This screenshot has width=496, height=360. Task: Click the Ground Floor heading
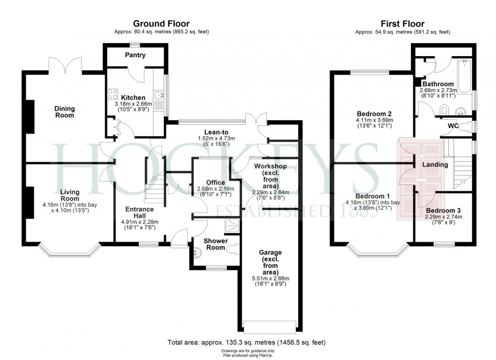tap(161, 24)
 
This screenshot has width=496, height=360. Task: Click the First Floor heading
tap(402, 24)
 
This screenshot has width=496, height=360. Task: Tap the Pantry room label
tap(135, 55)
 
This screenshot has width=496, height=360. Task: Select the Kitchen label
tap(134, 98)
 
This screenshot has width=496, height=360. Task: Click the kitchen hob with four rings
tap(112, 94)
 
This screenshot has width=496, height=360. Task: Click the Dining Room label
tap(65, 112)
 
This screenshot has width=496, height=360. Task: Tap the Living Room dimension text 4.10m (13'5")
tap(70, 210)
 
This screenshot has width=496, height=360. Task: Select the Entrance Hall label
tap(140, 212)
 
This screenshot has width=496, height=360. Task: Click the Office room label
tap(216, 183)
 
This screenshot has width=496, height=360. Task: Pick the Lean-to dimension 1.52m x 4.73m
tap(217, 138)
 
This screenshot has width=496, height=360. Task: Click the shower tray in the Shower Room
tap(232, 226)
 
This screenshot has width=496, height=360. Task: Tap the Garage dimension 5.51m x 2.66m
tap(270, 279)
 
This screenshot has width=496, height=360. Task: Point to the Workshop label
tap(270, 166)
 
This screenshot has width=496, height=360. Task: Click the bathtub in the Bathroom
tap(465, 76)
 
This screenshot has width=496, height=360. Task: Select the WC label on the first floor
tap(453, 126)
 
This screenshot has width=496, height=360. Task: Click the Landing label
tap(435, 165)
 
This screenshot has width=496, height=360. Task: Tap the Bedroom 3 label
tap(443, 211)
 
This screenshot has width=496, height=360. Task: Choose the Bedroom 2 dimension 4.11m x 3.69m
tap(375, 120)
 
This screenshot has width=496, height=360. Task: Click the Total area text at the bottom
tap(246, 342)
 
